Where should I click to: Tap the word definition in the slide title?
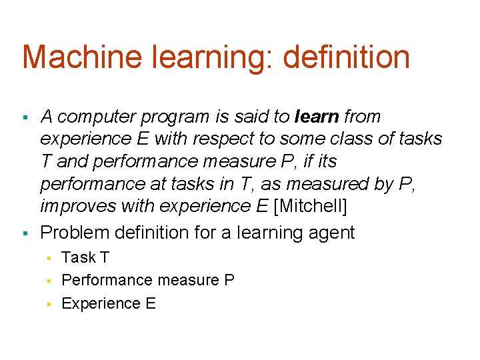(x=346, y=57)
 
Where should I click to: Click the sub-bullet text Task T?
(x=85, y=257)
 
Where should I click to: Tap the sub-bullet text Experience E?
(x=108, y=304)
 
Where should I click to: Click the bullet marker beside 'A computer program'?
(x=25, y=118)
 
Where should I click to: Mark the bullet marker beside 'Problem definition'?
(x=25, y=233)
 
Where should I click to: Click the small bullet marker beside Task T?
(x=48, y=258)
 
